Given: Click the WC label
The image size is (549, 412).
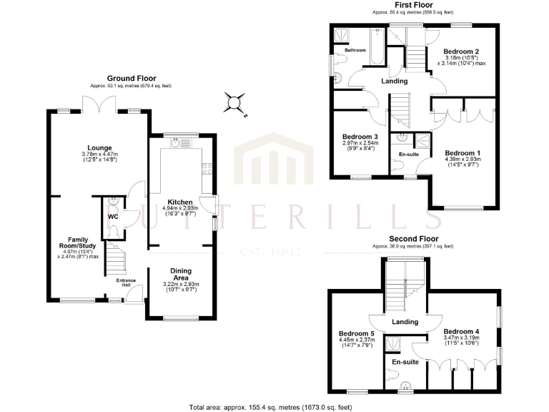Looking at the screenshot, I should click(113, 215).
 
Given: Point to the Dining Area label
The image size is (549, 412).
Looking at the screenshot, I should click(180, 275).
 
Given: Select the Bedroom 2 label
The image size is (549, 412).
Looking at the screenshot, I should click(460, 51).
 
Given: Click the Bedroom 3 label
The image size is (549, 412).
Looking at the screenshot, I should click(360, 137).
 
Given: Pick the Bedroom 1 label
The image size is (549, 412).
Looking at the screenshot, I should click(462, 153).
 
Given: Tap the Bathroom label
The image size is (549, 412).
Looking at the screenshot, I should click(355, 50).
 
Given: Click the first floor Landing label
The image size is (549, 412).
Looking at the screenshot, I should click(395, 82).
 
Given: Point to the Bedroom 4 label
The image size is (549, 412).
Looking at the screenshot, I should click(461, 332).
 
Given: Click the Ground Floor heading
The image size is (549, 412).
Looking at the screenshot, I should click(131, 78).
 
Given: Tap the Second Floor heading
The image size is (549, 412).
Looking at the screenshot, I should click(413, 239).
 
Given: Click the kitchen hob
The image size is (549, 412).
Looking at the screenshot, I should click(207, 170).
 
